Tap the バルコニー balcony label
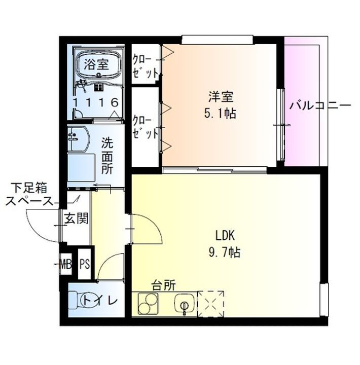[320, 106]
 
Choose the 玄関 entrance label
[77, 218]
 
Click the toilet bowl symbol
[76, 301]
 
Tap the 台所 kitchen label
[163, 285]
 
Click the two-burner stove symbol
[148, 305]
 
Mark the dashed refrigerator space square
[210, 304]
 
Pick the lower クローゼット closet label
[145, 127]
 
